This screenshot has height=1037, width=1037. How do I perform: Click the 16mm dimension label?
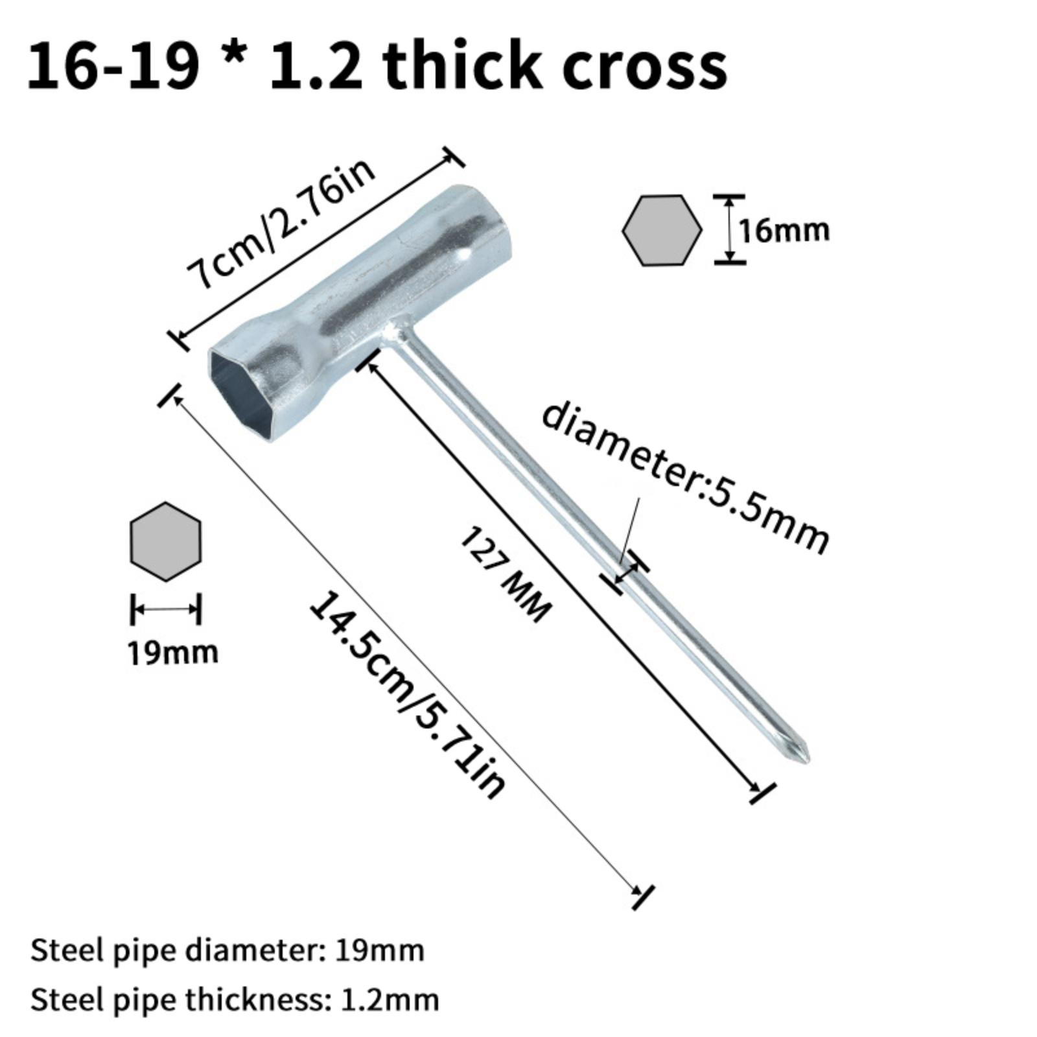click(x=784, y=231)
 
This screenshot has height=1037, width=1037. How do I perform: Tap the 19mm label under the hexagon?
click(x=172, y=652)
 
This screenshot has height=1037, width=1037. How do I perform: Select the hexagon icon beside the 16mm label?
click(x=662, y=230)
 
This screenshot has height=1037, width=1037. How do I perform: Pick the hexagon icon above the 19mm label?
click(x=166, y=541)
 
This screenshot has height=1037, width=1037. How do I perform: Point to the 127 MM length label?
click(x=505, y=574)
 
